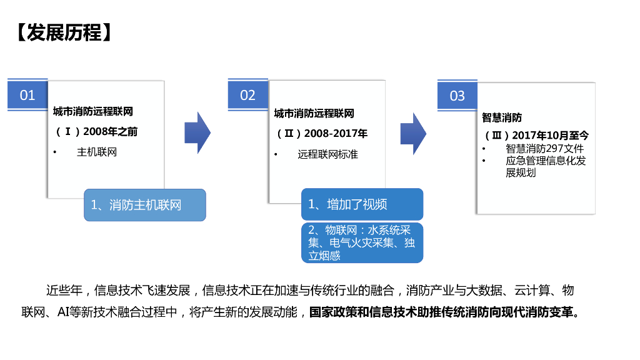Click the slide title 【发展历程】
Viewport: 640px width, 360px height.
tap(64, 32)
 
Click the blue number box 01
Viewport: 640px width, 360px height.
tap(27, 95)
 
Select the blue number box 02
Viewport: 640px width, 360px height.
tap(248, 95)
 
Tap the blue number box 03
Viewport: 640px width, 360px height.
tap(457, 96)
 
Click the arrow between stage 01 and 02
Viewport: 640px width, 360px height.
tap(197, 132)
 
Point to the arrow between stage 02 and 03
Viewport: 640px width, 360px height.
tap(413, 133)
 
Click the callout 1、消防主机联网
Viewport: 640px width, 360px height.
tap(145, 205)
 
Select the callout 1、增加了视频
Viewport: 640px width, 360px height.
tap(362, 204)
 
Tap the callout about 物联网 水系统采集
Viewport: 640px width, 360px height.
tap(362, 242)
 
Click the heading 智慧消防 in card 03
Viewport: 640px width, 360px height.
tap(502, 117)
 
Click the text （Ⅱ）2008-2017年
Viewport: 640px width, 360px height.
tap(321, 133)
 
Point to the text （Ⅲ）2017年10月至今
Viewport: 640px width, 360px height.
tap(536, 135)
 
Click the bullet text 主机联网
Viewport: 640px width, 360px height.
tap(97, 152)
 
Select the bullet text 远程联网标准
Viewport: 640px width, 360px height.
tap(327, 154)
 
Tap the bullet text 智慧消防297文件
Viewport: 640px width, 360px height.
tap(544, 149)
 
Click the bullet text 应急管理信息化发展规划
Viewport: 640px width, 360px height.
tap(545, 167)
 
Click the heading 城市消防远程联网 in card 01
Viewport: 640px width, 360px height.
tap(93, 112)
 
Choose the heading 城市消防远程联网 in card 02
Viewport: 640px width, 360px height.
tap(314, 114)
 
